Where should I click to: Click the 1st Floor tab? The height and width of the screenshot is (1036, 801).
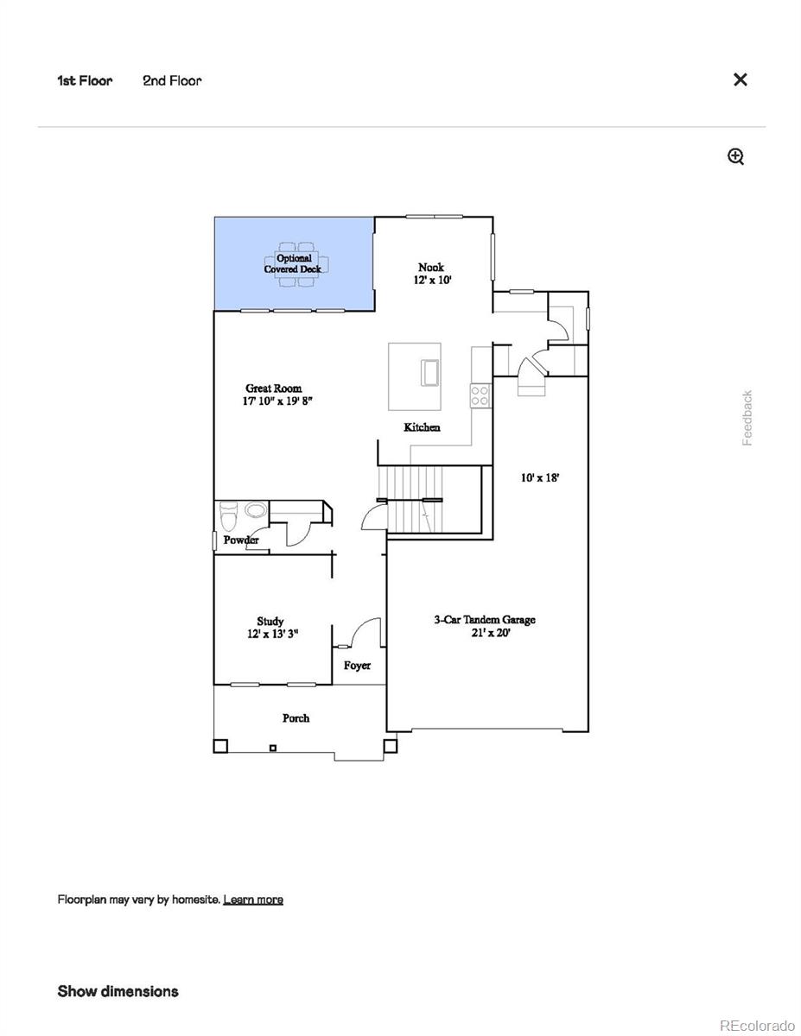[85, 80]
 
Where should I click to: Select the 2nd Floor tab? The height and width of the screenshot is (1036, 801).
[172, 80]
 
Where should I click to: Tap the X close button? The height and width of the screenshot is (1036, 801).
[740, 79]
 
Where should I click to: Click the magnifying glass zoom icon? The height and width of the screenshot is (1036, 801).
[735, 156]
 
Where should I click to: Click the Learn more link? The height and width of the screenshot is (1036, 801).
[252, 900]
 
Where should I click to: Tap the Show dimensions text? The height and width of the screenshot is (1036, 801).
[118, 991]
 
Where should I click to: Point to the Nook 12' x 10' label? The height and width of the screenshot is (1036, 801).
[430, 274]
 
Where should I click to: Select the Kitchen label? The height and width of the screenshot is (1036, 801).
[422, 427]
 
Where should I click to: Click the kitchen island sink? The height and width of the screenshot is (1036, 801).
[429, 371]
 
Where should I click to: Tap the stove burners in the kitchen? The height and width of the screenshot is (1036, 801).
[480, 395]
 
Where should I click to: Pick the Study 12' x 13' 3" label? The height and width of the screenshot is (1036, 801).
[272, 628]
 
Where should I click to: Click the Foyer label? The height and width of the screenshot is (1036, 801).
[357, 666]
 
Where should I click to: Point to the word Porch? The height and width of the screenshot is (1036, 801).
[296, 718]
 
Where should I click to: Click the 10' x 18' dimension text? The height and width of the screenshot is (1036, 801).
[540, 477]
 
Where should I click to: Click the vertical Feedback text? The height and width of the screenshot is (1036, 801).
[747, 418]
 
